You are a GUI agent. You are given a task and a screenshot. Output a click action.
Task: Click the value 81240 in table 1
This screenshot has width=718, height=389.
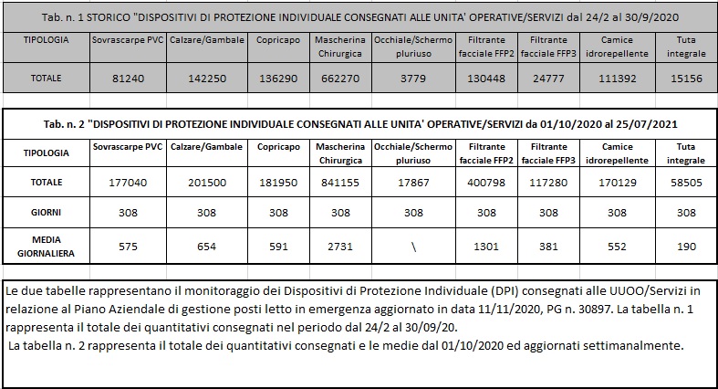click(x=128, y=79)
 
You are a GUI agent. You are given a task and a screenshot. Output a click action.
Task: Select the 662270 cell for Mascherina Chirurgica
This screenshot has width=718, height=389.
click(x=343, y=79)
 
